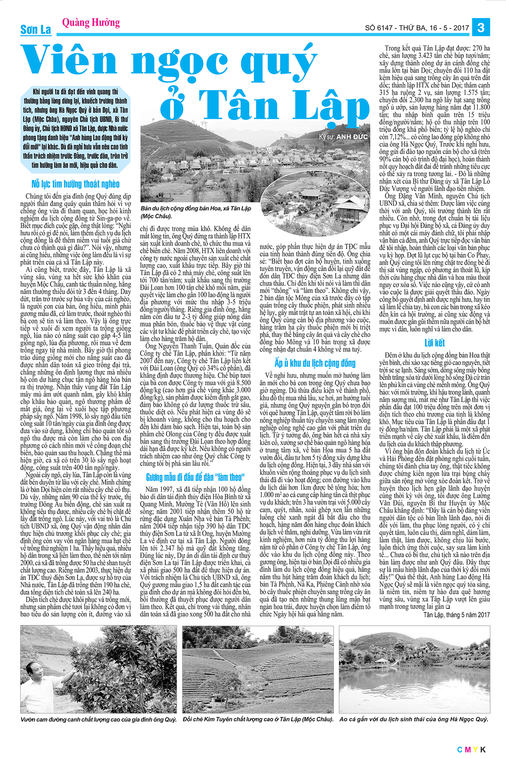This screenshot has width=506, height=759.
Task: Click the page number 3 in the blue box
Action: [x=480, y=28]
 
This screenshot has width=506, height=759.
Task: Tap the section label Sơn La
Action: [x=36, y=30]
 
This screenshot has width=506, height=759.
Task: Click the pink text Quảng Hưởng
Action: [x=91, y=22]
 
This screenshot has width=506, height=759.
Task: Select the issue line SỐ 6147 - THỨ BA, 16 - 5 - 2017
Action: [x=417, y=28]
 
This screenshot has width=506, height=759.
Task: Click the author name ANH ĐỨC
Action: [x=352, y=137]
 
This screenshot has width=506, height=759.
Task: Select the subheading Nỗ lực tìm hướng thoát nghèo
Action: [x=75, y=184]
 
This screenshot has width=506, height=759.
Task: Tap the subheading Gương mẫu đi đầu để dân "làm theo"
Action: [x=195, y=477]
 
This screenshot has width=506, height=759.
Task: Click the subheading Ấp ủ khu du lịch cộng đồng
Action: [x=315, y=363]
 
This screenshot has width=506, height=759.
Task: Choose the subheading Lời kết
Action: [x=434, y=343]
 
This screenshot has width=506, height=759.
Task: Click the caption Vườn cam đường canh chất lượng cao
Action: [x=98, y=719]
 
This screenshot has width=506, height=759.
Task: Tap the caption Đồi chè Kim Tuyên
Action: [x=258, y=719]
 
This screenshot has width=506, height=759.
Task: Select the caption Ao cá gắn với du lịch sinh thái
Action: [x=414, y=719]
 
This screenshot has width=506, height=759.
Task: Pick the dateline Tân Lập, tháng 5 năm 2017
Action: [x=457, y=615]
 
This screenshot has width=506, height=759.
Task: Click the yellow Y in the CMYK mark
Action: [x=475, y=749]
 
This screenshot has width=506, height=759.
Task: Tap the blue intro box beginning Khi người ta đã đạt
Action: [x=75, y=128]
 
